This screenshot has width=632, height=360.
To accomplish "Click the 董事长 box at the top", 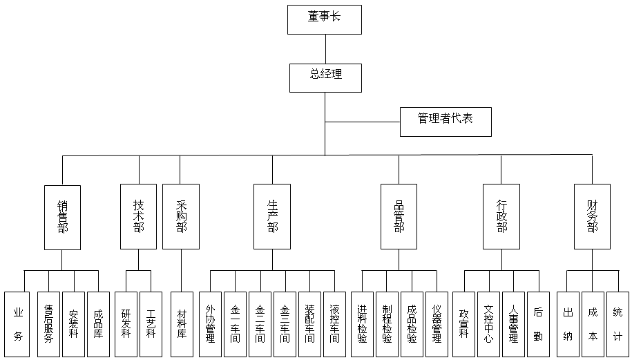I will point(325,19).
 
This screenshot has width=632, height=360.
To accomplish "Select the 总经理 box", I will point(325,77).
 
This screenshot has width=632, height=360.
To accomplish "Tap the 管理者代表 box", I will point(446,121).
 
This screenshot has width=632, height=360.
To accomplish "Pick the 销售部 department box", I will point(62,216).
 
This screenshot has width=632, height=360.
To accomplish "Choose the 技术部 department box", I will point(138,216).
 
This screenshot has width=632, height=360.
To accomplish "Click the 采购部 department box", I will point(181,216).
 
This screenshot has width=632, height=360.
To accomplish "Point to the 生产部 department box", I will point(272,216).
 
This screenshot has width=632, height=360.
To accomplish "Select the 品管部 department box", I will point(399,216).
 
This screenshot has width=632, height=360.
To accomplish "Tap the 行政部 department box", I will point(501,216).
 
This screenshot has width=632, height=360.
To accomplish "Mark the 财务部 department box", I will point(592,216).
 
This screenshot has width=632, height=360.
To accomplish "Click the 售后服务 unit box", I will point(48,323).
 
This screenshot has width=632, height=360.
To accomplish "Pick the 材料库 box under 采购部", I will point(182,323).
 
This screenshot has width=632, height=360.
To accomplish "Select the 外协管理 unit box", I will point(210,323).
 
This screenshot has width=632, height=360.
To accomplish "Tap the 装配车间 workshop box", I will point(309,323).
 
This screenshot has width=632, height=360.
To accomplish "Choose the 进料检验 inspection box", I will point(362,323).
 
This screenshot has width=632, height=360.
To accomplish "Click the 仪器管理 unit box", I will point(437,323).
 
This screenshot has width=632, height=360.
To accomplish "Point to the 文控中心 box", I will point(488,323).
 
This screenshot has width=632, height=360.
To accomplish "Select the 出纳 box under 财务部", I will point(568,323).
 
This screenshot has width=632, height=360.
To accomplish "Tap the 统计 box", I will point(617,323).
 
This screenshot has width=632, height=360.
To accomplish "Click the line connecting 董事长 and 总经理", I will point(325,48).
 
